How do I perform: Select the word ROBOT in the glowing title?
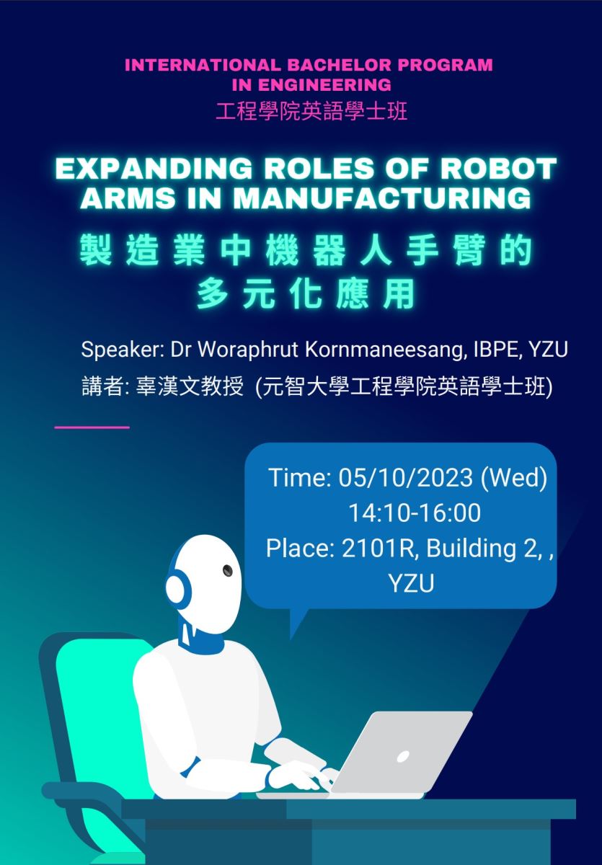tap(499, 169)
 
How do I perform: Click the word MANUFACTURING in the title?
tap(382, 198)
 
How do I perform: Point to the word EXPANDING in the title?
tap(154, 169)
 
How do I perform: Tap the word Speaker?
tap(120, 350)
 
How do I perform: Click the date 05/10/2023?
tap(405, 477)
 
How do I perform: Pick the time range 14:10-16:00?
tap(415, 513)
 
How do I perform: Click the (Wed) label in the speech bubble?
tap(514, 478)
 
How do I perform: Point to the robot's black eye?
tap(227, 570)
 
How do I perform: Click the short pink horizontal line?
tap(92, 427)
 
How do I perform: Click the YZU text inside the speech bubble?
tap(411, 583)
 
